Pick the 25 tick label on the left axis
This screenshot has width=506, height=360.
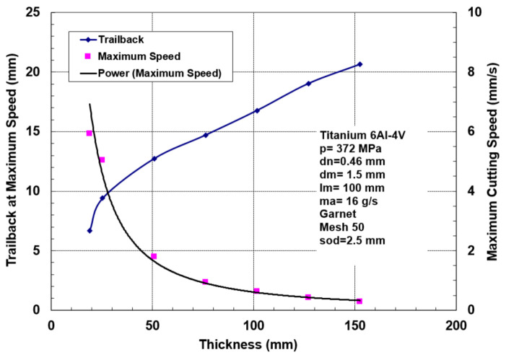click(32, 13)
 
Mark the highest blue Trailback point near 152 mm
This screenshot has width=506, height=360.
click(359, 64)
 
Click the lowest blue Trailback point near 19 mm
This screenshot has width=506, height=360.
click(90, 230)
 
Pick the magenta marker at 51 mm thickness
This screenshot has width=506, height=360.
click(154, 256)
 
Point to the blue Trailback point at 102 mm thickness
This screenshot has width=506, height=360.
click(257, 110)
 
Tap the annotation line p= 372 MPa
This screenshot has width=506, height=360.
click(352, 148)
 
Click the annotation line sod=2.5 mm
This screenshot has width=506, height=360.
click(352, 241)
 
